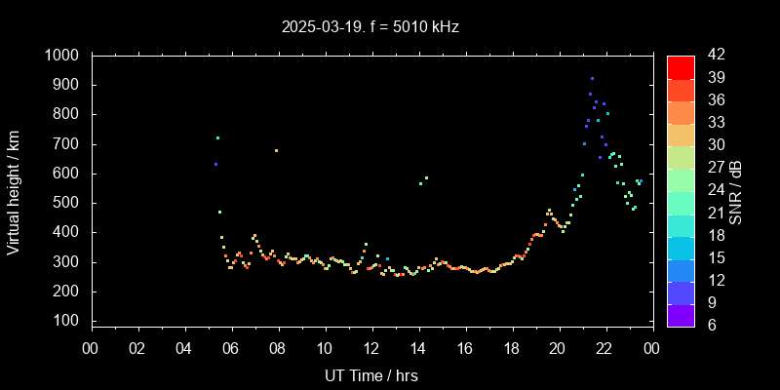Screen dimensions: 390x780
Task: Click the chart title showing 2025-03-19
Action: point(321,27)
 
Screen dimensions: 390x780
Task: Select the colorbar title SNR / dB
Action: point(736,191)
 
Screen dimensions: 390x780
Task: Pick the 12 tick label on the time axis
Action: point(371,348)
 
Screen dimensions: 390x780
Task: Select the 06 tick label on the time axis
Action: point(231,348)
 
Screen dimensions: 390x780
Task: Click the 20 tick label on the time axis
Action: point(559,348)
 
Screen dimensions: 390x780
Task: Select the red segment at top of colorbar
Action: point(681,66)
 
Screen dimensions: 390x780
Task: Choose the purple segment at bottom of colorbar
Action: point(681,314)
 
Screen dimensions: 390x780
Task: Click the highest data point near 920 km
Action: point(592,78)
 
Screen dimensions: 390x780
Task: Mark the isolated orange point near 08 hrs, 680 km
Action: point(276,150)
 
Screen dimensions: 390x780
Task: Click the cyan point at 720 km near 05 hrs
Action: point(217,137)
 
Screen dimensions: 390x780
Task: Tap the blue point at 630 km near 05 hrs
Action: point(215,164)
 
